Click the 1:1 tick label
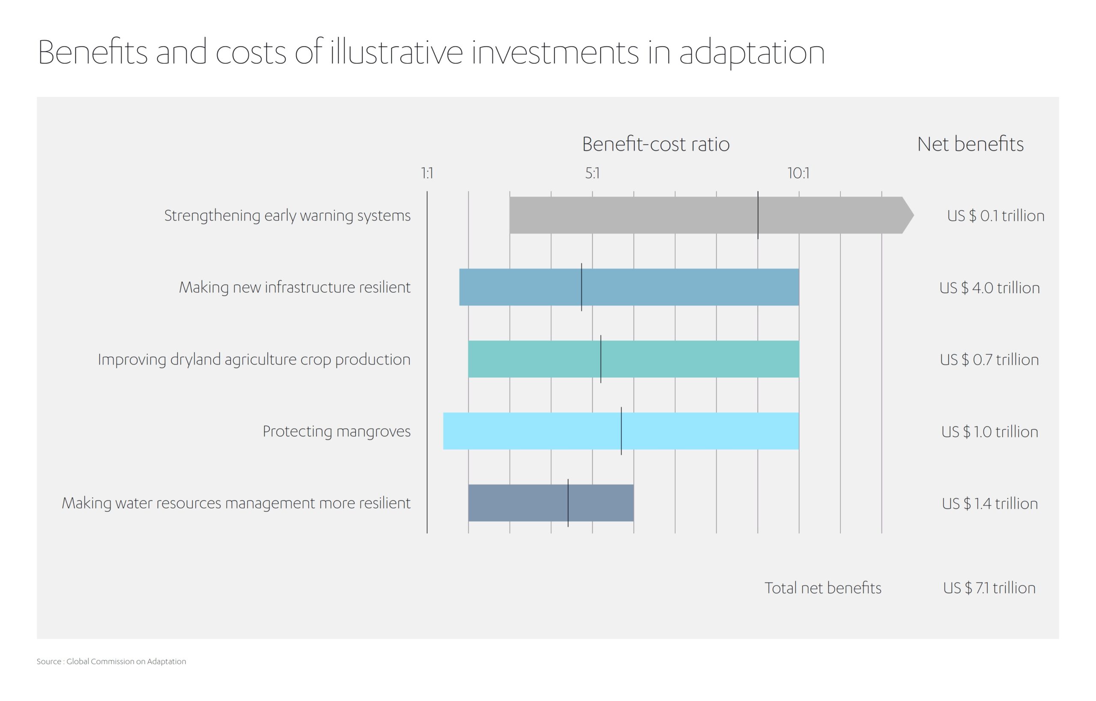pyautogui.click(x=427, y=173)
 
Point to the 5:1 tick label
pyautogui.click(x=592, y=173)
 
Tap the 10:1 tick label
pyautogui.click(x=798, y=173)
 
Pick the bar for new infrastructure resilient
pyautogui.click(x=683, y=287)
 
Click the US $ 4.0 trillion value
pyautogui.click(x=989, y=288)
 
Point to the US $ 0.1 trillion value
pyautogui.click(x=995, y=216)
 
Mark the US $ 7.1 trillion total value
pyautogui.click(x=989, y=588)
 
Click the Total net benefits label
pyautogui.click(x=822, y=588)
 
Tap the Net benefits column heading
pyautogui.click(x=970, y=144)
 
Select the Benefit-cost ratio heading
pyautogui.click(x=656, y=144)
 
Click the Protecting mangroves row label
pyautogui.click(x=336, y=431)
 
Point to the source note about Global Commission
pyautogui.click(x=111, y=661)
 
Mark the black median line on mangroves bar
pyautogui.click(x=621, y=431)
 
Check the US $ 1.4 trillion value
pyautogui.click(x=989, y=503)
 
